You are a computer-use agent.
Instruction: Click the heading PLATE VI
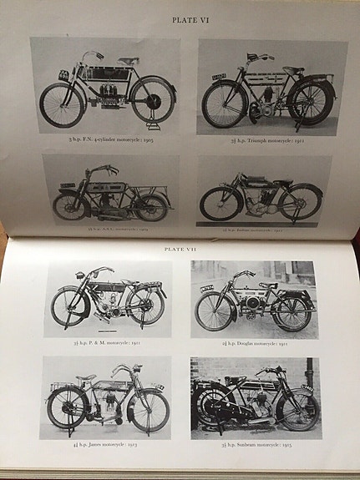coord(190,18)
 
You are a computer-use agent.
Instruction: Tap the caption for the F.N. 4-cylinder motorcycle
coord(104,139)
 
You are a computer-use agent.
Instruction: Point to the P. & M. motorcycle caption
coord(108,342)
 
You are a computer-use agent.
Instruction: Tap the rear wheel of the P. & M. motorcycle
coord(146,306)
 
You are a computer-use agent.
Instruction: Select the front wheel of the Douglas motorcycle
coord(213,311)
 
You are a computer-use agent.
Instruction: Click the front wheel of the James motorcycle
coord(148,410)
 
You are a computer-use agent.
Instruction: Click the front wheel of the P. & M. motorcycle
coord(69,306)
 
